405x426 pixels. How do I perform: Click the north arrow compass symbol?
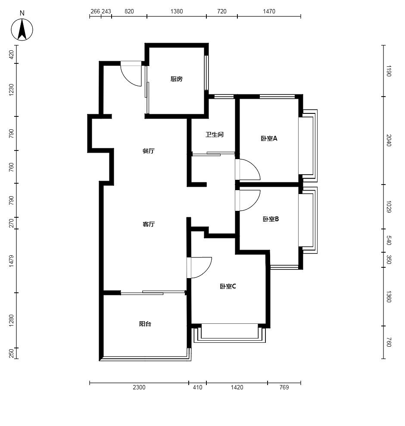point(22,30)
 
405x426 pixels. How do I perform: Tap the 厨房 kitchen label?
point(177,79)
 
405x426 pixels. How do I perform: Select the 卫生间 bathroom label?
point(215,135)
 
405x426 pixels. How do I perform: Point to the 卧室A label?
point(269,138)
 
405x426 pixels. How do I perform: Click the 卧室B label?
point(271,219)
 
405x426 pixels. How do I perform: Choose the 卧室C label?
point(228,286)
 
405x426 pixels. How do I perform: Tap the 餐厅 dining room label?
point(149,151)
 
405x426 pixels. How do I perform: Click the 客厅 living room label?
point(149,224)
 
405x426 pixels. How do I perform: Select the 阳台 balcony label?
point(145,324)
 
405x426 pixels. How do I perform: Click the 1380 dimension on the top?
point(177,11)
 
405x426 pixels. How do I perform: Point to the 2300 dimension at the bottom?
point(139,387)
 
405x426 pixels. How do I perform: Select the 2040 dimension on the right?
point(389,140)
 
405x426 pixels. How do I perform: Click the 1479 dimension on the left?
point(11,261)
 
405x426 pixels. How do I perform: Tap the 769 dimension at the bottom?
point(284,387)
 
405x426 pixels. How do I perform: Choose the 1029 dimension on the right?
point(389,207)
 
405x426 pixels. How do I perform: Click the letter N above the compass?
point(22,13)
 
